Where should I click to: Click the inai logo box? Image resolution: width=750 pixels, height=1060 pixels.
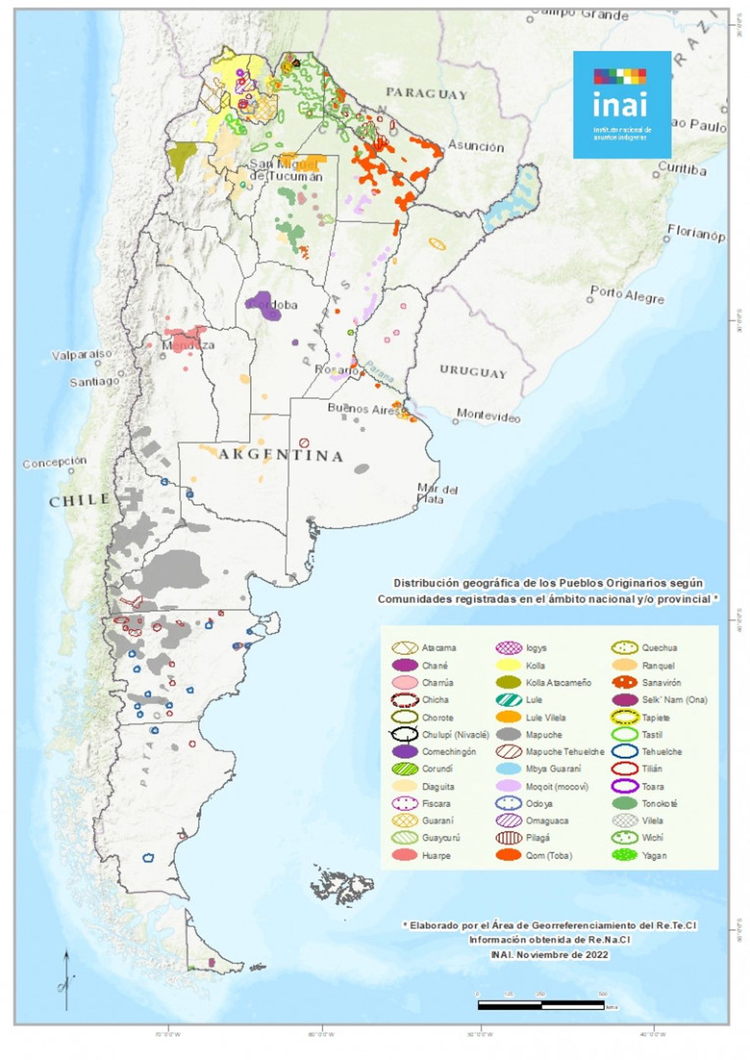tap(622, 104)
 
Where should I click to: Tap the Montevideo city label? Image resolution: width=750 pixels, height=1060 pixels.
tap(488, 415)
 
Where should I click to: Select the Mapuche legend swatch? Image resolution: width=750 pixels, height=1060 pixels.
tap(509, 734)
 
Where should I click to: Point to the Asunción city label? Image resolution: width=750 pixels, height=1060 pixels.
tap(476, 146)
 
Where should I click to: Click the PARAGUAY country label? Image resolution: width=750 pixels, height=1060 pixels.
tap(426, 94)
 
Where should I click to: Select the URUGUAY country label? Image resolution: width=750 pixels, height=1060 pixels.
tap(472, 372)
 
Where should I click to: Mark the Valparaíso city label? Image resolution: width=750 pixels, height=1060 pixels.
tap(82, 354)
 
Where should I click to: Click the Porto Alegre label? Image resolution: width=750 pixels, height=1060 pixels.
tap(627, 294)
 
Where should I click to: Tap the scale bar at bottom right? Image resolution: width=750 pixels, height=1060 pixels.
tap(541, 1005)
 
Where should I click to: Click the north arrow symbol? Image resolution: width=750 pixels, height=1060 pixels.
tap(66, 981)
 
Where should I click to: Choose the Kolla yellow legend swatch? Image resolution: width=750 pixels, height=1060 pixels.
tap(509, 666)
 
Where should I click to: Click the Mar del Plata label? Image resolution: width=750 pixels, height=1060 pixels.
tap(437, 494)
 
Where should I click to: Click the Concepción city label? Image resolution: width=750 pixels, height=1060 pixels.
tap(55, 462)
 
